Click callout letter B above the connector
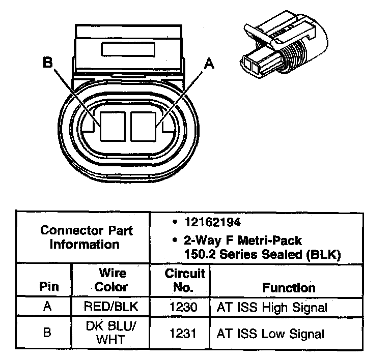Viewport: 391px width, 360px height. [x=48, y=63]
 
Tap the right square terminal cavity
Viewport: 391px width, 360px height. [x=146, y=126]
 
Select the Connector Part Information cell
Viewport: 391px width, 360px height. [x=86, y=237]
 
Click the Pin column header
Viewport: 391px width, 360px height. [x=49, y=286]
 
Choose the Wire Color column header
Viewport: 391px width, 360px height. [x=111, y=280]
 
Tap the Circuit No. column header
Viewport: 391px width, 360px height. [x=185, y=280]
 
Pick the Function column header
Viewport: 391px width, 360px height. [x=289, y=287]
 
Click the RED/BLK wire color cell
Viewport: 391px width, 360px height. [x=111, y=307]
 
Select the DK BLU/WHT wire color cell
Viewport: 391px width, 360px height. [x=111, y=334]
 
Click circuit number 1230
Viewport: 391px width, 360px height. [x=184, y=307]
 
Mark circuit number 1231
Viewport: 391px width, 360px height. [x=184, y=334]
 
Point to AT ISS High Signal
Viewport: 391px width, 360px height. [x=272, y=307]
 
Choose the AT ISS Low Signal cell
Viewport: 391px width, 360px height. [x=270, y=334]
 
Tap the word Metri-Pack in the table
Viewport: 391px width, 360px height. [x=258, y=239]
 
